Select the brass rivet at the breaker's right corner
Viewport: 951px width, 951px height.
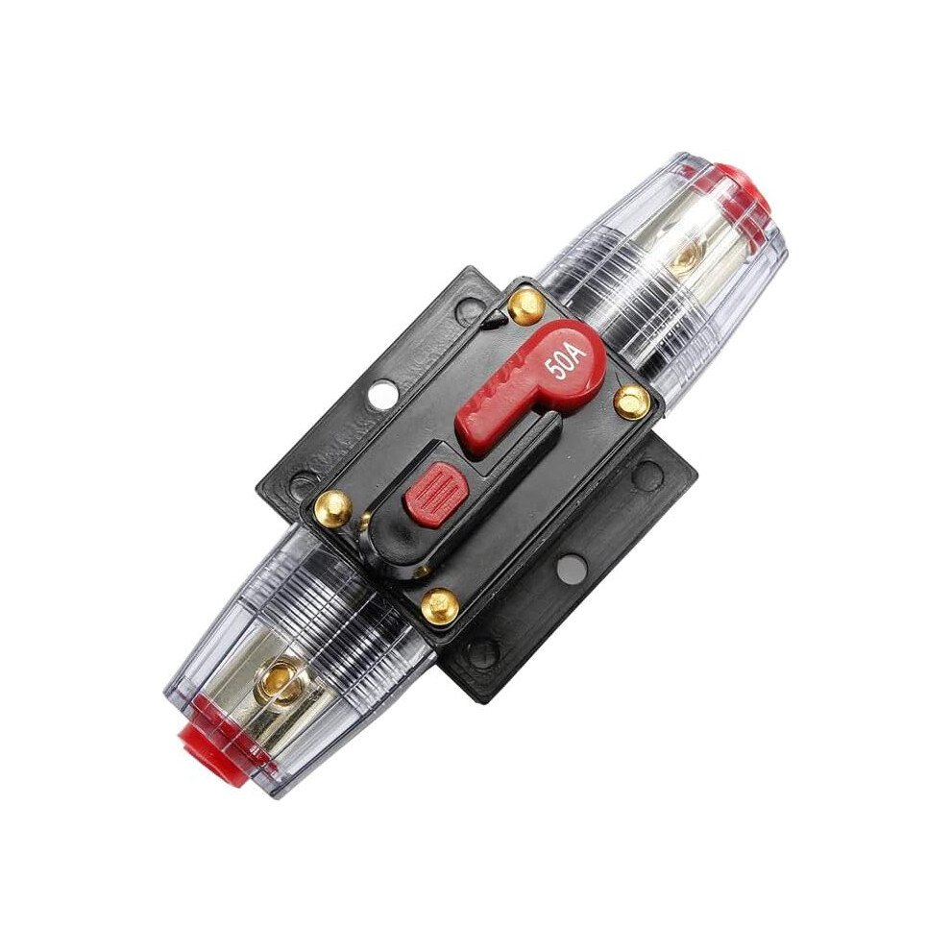coord(632,401)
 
